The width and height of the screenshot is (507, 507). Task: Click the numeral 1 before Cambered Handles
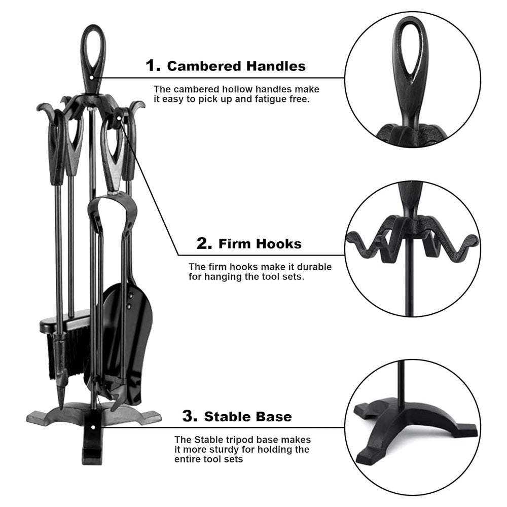tap(153, 65)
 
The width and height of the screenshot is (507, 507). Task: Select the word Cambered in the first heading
tap(204, 66)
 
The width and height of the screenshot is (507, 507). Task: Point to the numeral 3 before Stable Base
tap(190, 416)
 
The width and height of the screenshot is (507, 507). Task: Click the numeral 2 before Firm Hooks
tap(204, 243)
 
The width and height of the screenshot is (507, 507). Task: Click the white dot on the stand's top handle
tap(91, 78)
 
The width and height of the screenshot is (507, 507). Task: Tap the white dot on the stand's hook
tap(119, 118)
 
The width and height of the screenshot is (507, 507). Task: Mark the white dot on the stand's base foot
tap(93, 427)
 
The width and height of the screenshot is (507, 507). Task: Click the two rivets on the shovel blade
tap(130, 300)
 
